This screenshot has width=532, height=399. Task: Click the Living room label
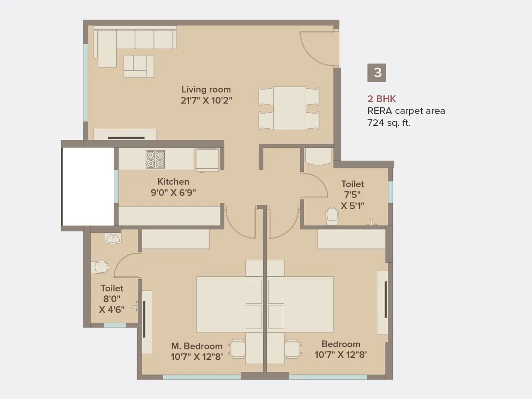click(206, 89)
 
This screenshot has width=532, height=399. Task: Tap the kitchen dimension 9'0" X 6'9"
click(173, 193)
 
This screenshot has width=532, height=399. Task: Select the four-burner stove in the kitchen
click(155, 159)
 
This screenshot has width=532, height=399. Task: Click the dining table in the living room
click(290, 108)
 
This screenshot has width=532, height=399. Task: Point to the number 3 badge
click(376, 73)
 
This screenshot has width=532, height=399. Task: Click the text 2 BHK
click(381, 99)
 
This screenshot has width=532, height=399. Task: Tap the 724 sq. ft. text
click(388, 123)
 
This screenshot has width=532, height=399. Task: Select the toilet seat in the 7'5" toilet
click(332, 216)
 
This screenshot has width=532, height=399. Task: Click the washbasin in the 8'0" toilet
click(113, 238)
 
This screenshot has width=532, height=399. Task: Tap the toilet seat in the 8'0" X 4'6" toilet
click(100, 267)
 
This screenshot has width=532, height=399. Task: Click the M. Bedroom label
click(197, 346)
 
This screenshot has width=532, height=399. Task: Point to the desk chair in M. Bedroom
click(237, 349)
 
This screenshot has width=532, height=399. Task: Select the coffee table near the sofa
click(139, 66)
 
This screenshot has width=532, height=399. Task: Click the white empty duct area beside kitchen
click(88, 187)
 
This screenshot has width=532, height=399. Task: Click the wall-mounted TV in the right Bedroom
click(385, 300)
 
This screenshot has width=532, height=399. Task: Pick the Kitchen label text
click(173, 182)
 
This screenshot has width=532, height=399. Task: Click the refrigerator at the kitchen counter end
click(207, 160)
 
